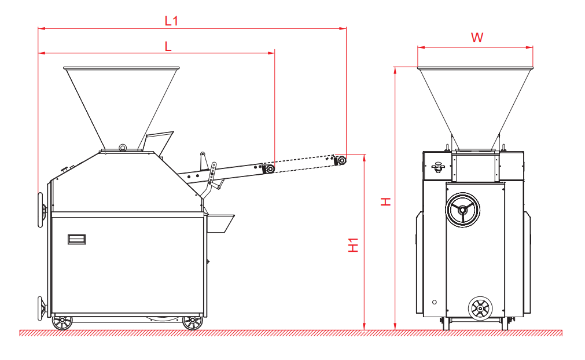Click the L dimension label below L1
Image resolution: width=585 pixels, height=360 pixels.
click(x=168, y=47)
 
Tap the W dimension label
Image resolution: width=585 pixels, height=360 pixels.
click(x=477, y=38)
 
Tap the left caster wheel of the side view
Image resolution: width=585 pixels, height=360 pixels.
click(x=61, y=322)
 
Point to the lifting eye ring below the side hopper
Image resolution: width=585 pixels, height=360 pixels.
click(x=123, y=147)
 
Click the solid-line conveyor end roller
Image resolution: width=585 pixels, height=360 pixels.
click(x=269, y=169)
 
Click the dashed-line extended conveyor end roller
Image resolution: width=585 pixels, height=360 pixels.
click(x=341, y=159)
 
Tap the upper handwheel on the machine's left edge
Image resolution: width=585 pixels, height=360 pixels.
click(x=42, y=209)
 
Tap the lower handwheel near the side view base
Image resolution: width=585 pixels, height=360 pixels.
click(x=42, y=307)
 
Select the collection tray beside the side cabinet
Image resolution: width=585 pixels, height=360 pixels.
click(x=220, y=223)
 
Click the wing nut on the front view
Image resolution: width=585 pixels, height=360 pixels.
click(x=438, y=167)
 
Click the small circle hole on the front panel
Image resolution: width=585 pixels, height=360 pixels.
click(x=434, y=302)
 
